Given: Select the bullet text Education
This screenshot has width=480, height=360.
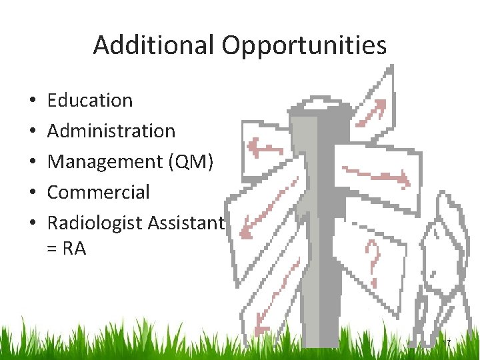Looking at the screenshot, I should pos(90,101).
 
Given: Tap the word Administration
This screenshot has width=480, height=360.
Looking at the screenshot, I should pos(111,131).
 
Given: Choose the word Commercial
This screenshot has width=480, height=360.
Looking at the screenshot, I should pos(99,193).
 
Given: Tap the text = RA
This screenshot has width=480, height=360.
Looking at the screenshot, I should pos(67,249).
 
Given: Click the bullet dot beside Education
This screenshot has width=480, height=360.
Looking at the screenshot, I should pos(32,101).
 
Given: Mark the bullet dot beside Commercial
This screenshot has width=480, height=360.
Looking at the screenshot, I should pos(32,193).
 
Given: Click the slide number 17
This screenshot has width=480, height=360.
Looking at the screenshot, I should pos(447,343).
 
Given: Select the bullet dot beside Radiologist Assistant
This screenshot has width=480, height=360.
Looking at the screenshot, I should pos(32,224).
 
